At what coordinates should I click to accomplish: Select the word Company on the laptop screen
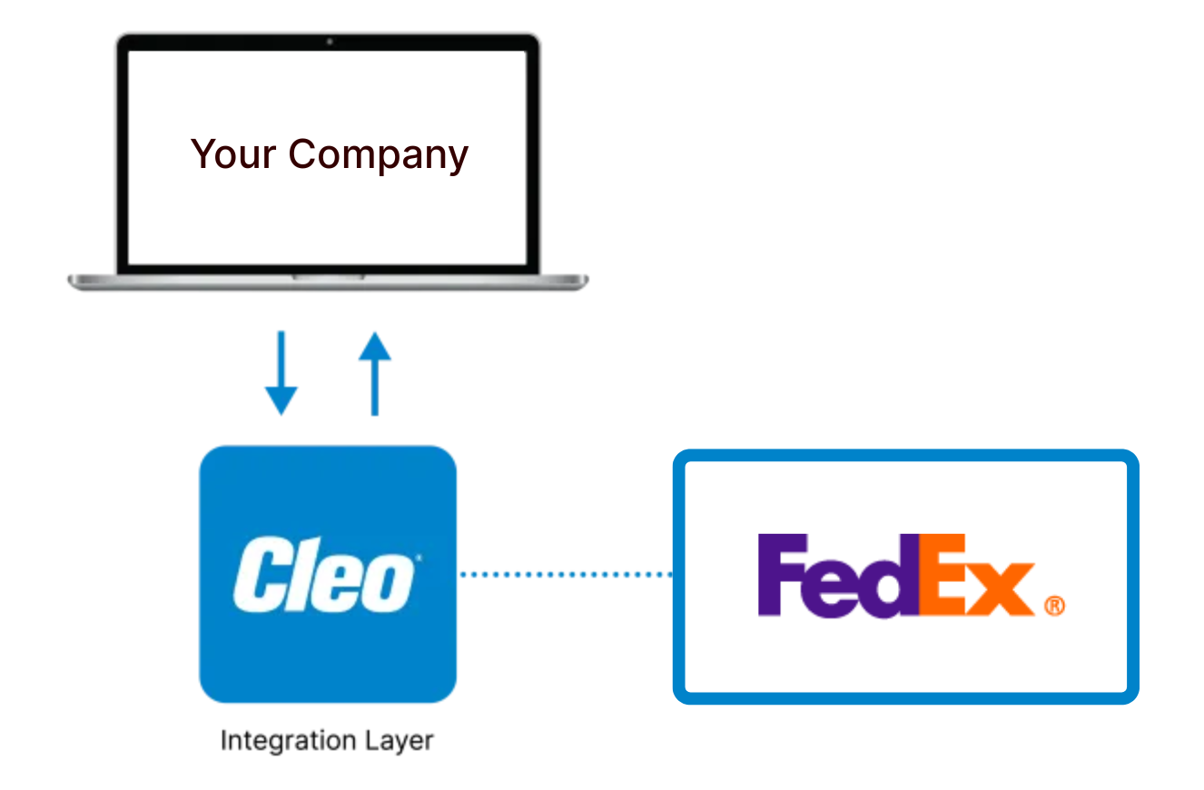378,156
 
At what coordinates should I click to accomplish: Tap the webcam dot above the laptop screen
329,41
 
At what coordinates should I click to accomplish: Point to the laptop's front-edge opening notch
328,276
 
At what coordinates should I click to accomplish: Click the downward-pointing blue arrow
281,373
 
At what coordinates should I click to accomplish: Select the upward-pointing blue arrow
374,373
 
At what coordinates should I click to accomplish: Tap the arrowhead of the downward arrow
281,400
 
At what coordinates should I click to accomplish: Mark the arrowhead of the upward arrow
374,346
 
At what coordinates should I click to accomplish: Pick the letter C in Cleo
258,575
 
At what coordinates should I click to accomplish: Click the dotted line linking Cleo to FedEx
565,574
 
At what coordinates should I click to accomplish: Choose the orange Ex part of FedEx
976,575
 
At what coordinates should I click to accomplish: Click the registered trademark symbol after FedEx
1054,606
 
